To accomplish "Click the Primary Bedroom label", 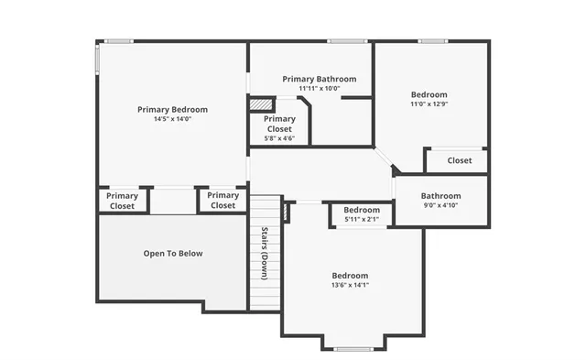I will (x=172, y=109).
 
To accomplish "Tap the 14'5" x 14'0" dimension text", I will (x=172, y=119).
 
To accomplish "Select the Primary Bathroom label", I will (x=319, y=79).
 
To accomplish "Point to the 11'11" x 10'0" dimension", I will (x=319, y=89).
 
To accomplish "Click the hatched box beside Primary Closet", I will (x=262, y=104).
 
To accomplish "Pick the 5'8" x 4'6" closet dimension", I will (x=279, y=138).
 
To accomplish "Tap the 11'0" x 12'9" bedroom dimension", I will (x=429, y=104).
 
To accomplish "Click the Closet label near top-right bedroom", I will (x=460, y=160).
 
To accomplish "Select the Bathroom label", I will (x=440, y=195).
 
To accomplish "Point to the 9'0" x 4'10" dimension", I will (x=440, y=205).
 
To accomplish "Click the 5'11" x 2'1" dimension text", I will (x=361, y=220).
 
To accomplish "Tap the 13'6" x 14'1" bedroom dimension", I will (x=350, y=285).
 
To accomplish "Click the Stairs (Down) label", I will (x=264, y=253).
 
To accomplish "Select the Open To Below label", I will (x=173, y=254).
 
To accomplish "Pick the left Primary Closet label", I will (x=122, y=201).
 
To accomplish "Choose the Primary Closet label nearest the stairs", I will (x=222, y=201).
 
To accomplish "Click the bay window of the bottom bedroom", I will (x=352, y=348).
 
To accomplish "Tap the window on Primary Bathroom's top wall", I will (x=347, y=40).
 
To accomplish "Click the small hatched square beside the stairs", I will (x=286, y=213).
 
